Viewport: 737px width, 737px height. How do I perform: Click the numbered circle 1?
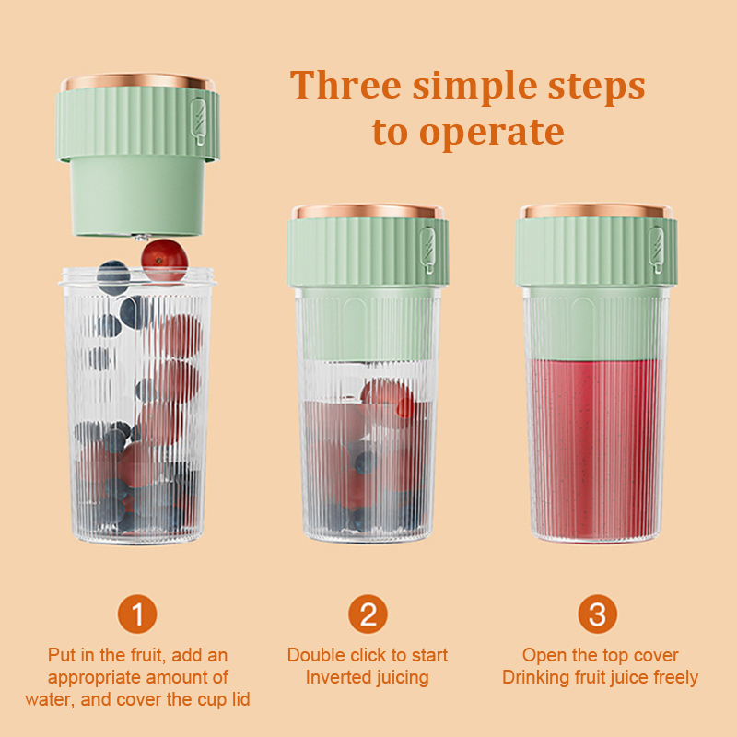click(137, 614)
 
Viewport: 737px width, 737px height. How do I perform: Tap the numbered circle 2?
click(368, 614)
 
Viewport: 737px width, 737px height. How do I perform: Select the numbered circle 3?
click(597, 614)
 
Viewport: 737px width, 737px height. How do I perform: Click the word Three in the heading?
click(345, 85)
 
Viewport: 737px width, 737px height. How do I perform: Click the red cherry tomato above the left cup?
click(165, 260)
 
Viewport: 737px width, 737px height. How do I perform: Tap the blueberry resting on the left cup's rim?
click(113, 277)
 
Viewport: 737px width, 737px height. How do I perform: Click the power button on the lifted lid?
click(198, 121)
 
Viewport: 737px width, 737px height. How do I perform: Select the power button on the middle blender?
click(427, 250)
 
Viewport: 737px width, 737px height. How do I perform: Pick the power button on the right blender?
click(656, 250)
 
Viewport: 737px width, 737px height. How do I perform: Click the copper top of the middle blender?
click(368, 211)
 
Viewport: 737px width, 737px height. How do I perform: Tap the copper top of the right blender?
click(596, 211)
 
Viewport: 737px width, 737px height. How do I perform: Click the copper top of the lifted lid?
click(137, 81)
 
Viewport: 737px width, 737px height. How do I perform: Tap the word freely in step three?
click(675, 678)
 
